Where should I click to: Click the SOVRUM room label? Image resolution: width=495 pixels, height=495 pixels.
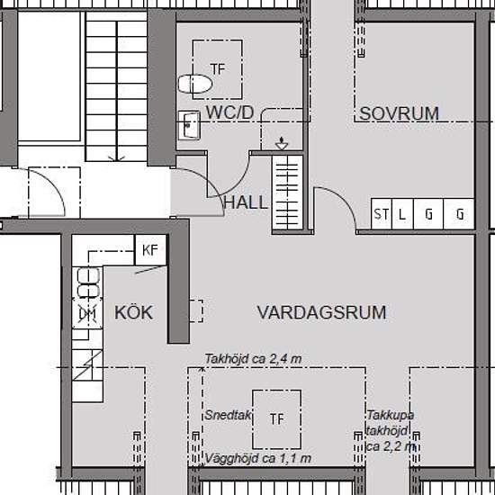coord(399,113)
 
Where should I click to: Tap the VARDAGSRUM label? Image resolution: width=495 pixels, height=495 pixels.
coord(321,312)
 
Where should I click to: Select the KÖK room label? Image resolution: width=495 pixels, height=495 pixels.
coord(133,312)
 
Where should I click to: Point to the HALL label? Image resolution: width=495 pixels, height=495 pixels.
coord(246,202)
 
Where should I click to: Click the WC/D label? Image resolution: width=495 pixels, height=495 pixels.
coord(229,112)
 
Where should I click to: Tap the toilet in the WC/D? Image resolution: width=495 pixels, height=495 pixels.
coord(194,84)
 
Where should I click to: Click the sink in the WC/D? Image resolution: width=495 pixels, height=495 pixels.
coord(189,125)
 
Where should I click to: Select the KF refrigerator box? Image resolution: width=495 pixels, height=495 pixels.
coord(150,250)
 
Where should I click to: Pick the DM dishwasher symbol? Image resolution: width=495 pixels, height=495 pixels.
coord(87,314)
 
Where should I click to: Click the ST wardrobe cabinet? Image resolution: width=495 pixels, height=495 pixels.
coord(381,213)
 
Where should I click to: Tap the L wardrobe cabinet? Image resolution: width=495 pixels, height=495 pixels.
coord(402,213)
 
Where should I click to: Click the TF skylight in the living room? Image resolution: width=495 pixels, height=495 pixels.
coord(276,419)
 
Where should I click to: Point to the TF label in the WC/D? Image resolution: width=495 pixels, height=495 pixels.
coord(218,69)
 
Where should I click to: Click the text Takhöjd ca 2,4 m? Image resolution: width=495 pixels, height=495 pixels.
coord(253,359)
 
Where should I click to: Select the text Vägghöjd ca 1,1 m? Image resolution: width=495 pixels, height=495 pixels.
coord(258,458)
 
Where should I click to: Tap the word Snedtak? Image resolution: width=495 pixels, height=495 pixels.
coord(228,415)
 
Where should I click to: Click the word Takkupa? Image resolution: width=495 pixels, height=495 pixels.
coord(391,415)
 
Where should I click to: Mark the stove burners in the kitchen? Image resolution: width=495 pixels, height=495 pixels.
coord(88,283)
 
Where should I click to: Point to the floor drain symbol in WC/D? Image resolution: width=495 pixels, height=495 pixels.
coord(282,144)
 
